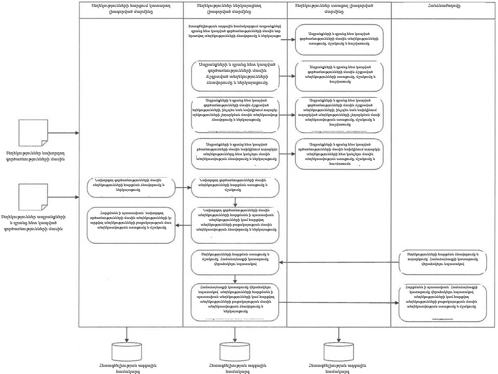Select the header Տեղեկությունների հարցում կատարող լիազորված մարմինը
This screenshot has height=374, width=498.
pyautogui.click(x=131, y=9)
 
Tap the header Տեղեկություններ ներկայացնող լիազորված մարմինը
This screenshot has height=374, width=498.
pyautogui.click(x=235, y=9)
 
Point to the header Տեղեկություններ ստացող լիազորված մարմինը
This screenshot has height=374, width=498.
pyautogui.click(x=339, y=9)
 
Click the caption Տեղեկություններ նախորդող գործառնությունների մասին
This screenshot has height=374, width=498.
pyautogui.click(x=35, y=156)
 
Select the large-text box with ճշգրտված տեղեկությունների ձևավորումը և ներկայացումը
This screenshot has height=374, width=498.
pyautogui.click(x=235, y=76)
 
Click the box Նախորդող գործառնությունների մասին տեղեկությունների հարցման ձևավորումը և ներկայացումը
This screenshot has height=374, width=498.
pyautogui.click(x=131, y=188)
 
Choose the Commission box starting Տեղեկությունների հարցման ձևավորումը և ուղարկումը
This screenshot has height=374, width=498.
pyautogui.click(x=443, y=262)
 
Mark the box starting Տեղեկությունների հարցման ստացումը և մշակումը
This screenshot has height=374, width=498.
pyautogui.click(x=235, y=262)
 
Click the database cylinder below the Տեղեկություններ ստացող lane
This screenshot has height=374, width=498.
pyautogui.click(x=339, y=351)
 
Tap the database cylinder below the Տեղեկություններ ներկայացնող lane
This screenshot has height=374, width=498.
pyautogui.click(x=235, y=351)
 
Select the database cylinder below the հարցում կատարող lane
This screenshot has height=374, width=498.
pyautogui.click(x=127, y=351)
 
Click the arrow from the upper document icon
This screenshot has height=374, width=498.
pyautogui.click(x=63, y=133)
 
